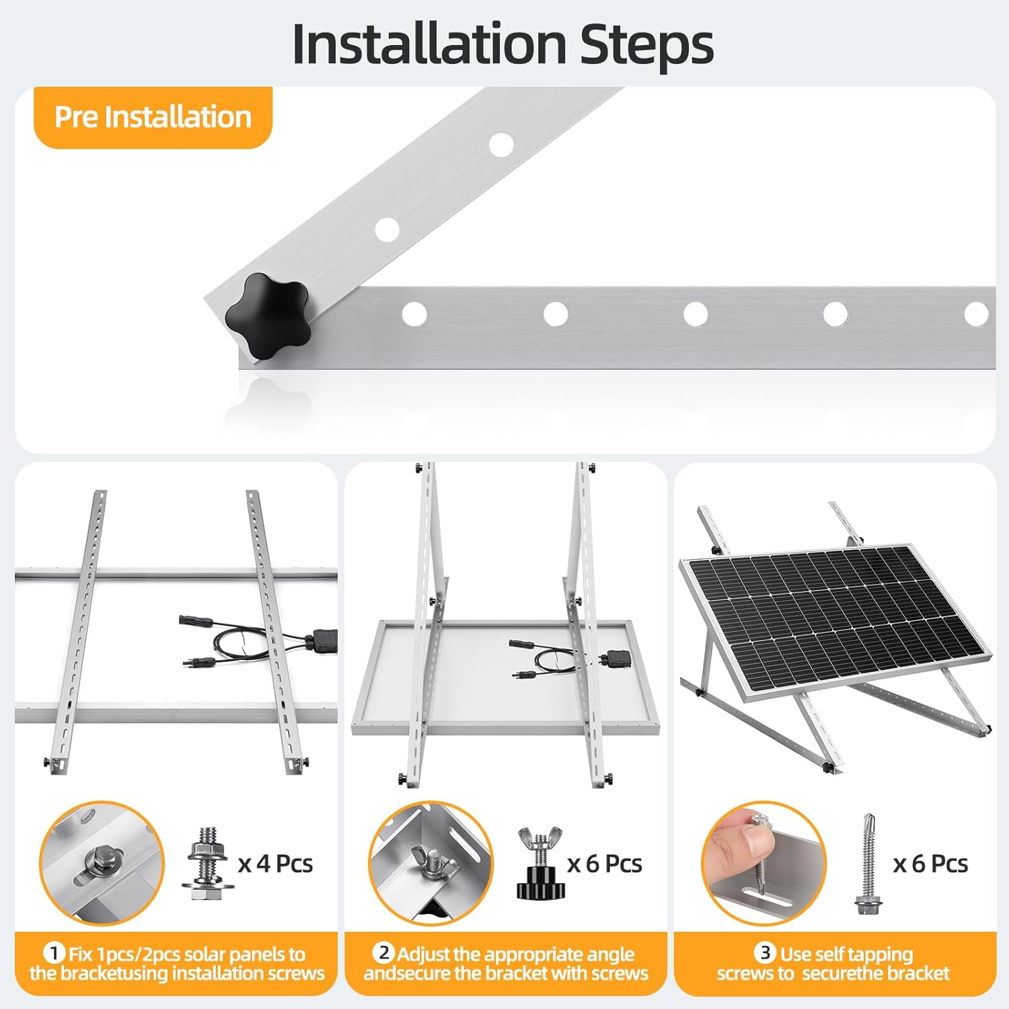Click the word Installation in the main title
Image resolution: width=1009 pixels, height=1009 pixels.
(429, 44)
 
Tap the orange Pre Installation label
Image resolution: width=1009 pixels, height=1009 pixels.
(153, 117)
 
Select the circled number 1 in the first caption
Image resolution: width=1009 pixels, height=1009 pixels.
(54, 953)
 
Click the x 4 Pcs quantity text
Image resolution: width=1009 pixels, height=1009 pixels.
(276, 864)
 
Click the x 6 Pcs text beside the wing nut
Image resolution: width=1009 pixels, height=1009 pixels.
(605, 864)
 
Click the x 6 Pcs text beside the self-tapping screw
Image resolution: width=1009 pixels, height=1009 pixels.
(930, 864)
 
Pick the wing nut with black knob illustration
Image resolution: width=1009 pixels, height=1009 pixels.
(541, 864)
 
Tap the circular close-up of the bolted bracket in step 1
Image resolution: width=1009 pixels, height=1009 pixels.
(102, 864)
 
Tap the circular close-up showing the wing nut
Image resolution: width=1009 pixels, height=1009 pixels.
(431, 864)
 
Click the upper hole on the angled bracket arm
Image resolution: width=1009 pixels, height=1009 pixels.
(500, 145)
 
